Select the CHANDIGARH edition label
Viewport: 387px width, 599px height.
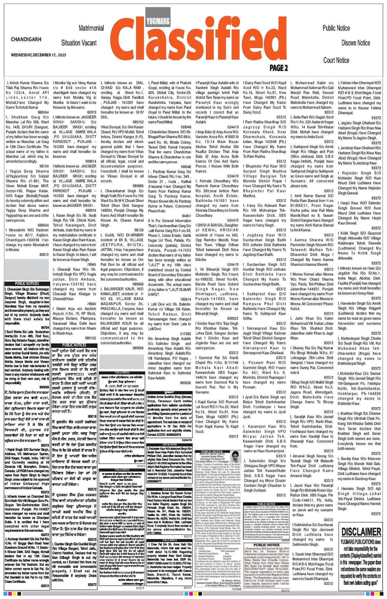[x=26, y=39]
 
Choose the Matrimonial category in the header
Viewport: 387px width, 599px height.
[x=91, y=28]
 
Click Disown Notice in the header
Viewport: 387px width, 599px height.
[x=355, y=43]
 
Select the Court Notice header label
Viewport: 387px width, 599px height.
[x=336, y=60]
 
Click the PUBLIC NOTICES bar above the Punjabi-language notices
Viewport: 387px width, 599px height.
[x=74, y=345]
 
